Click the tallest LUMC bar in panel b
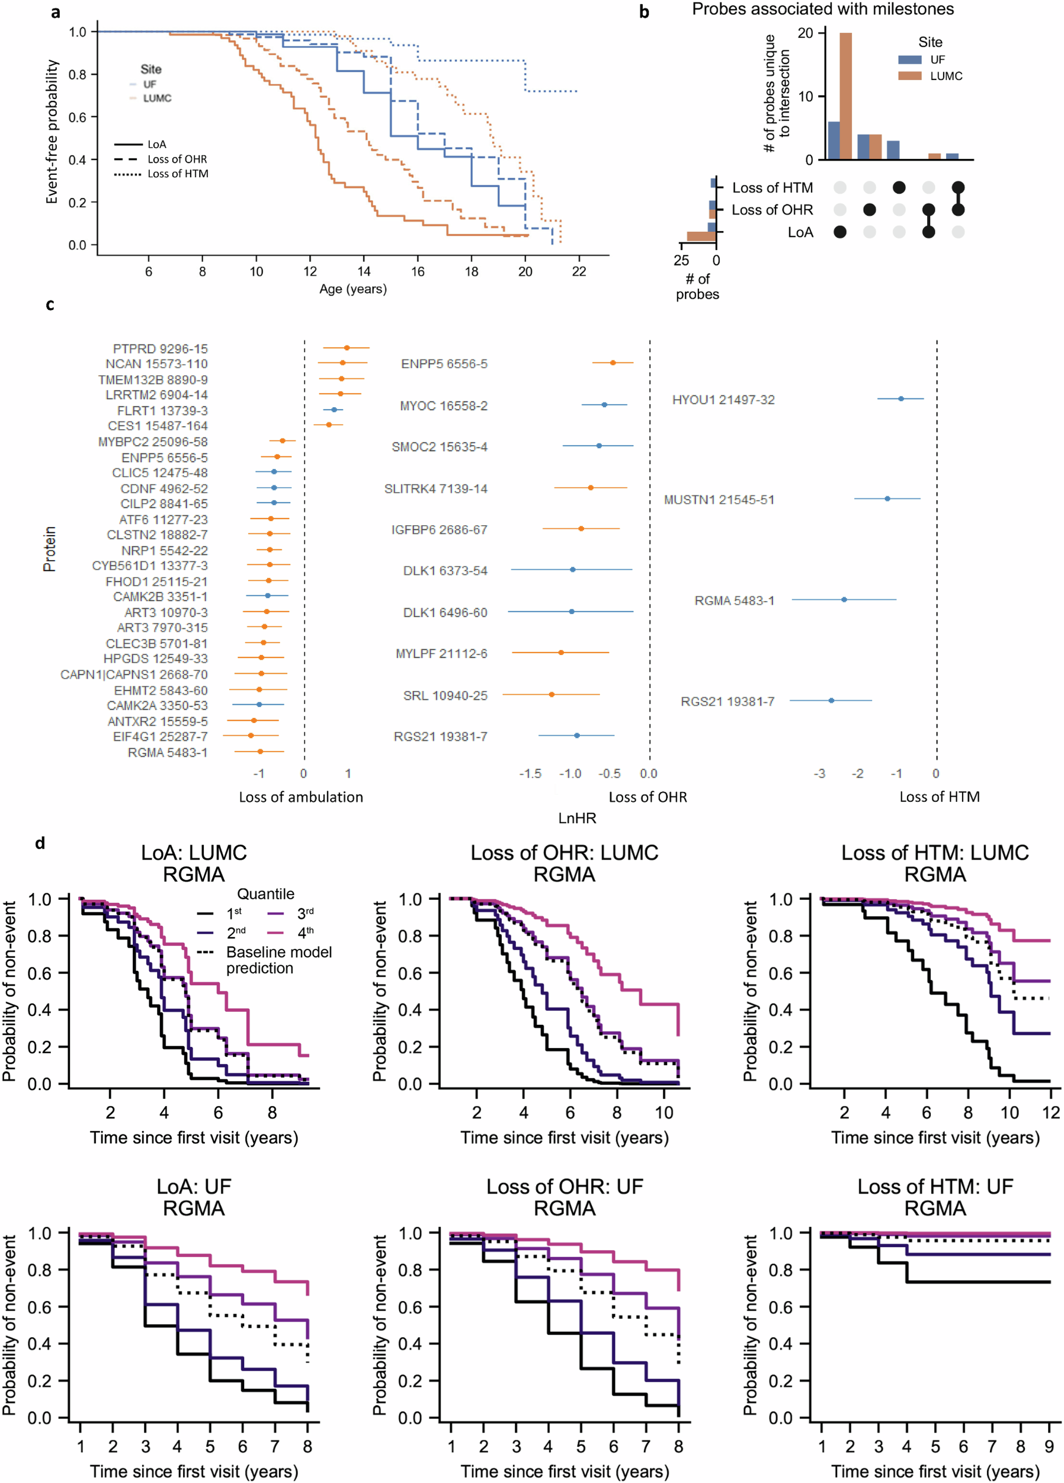pyautogui.click(x=845, y=96)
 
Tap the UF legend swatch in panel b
pyautogui.click(x=909, y=59)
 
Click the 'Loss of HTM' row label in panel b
pyautogui.click(x=772, y=188)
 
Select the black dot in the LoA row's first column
pyautogui.click(x=840, y=232)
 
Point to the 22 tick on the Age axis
pyautogui.click(x=578, y=271)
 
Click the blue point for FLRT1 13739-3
pyautogui.click(x=334, y=410)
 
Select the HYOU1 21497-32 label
pyautogui.click(x=723, y=399)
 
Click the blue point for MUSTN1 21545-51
pyautogui.click(x=887, y=499)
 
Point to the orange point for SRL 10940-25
pyautogui.click(x=552, y=695)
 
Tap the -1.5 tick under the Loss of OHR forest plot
pyautogui.click(x=530, y=774)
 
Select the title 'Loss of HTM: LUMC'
pyautogui.click(x=935, y=853)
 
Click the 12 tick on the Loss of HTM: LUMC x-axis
pyautogui.click(x=1050, y=1112)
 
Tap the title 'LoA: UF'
pyautogui.click(x=194, y=1186)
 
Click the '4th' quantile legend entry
pyautogui.click(x=305, y=932)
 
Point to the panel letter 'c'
pyautogui.click(x=50, y=305)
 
